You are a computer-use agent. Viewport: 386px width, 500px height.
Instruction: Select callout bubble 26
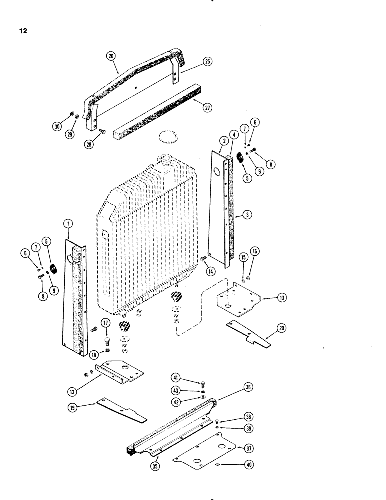[110, 56]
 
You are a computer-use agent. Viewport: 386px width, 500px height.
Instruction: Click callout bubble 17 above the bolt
[107, 324]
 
